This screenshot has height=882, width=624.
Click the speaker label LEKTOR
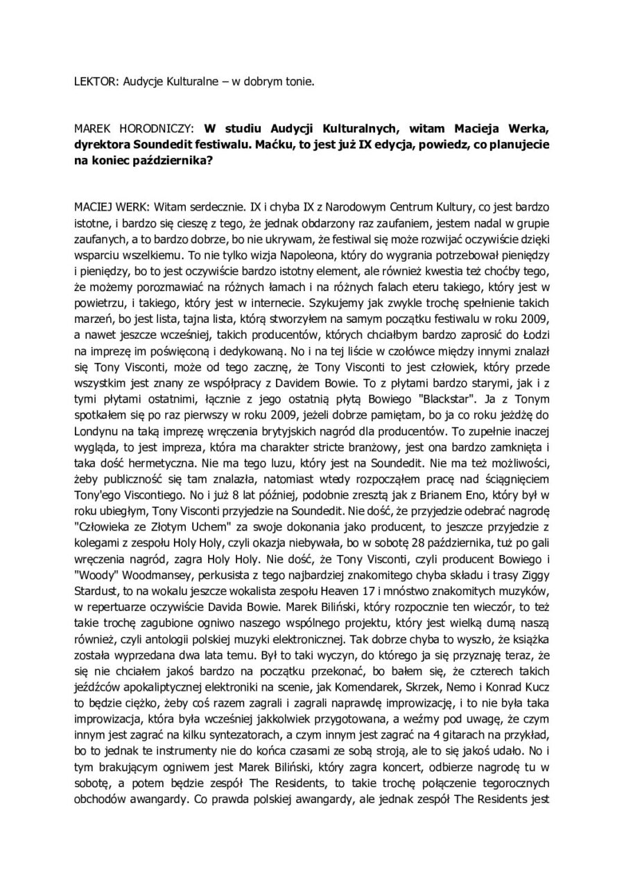95,81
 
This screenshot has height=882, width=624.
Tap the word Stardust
96,572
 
